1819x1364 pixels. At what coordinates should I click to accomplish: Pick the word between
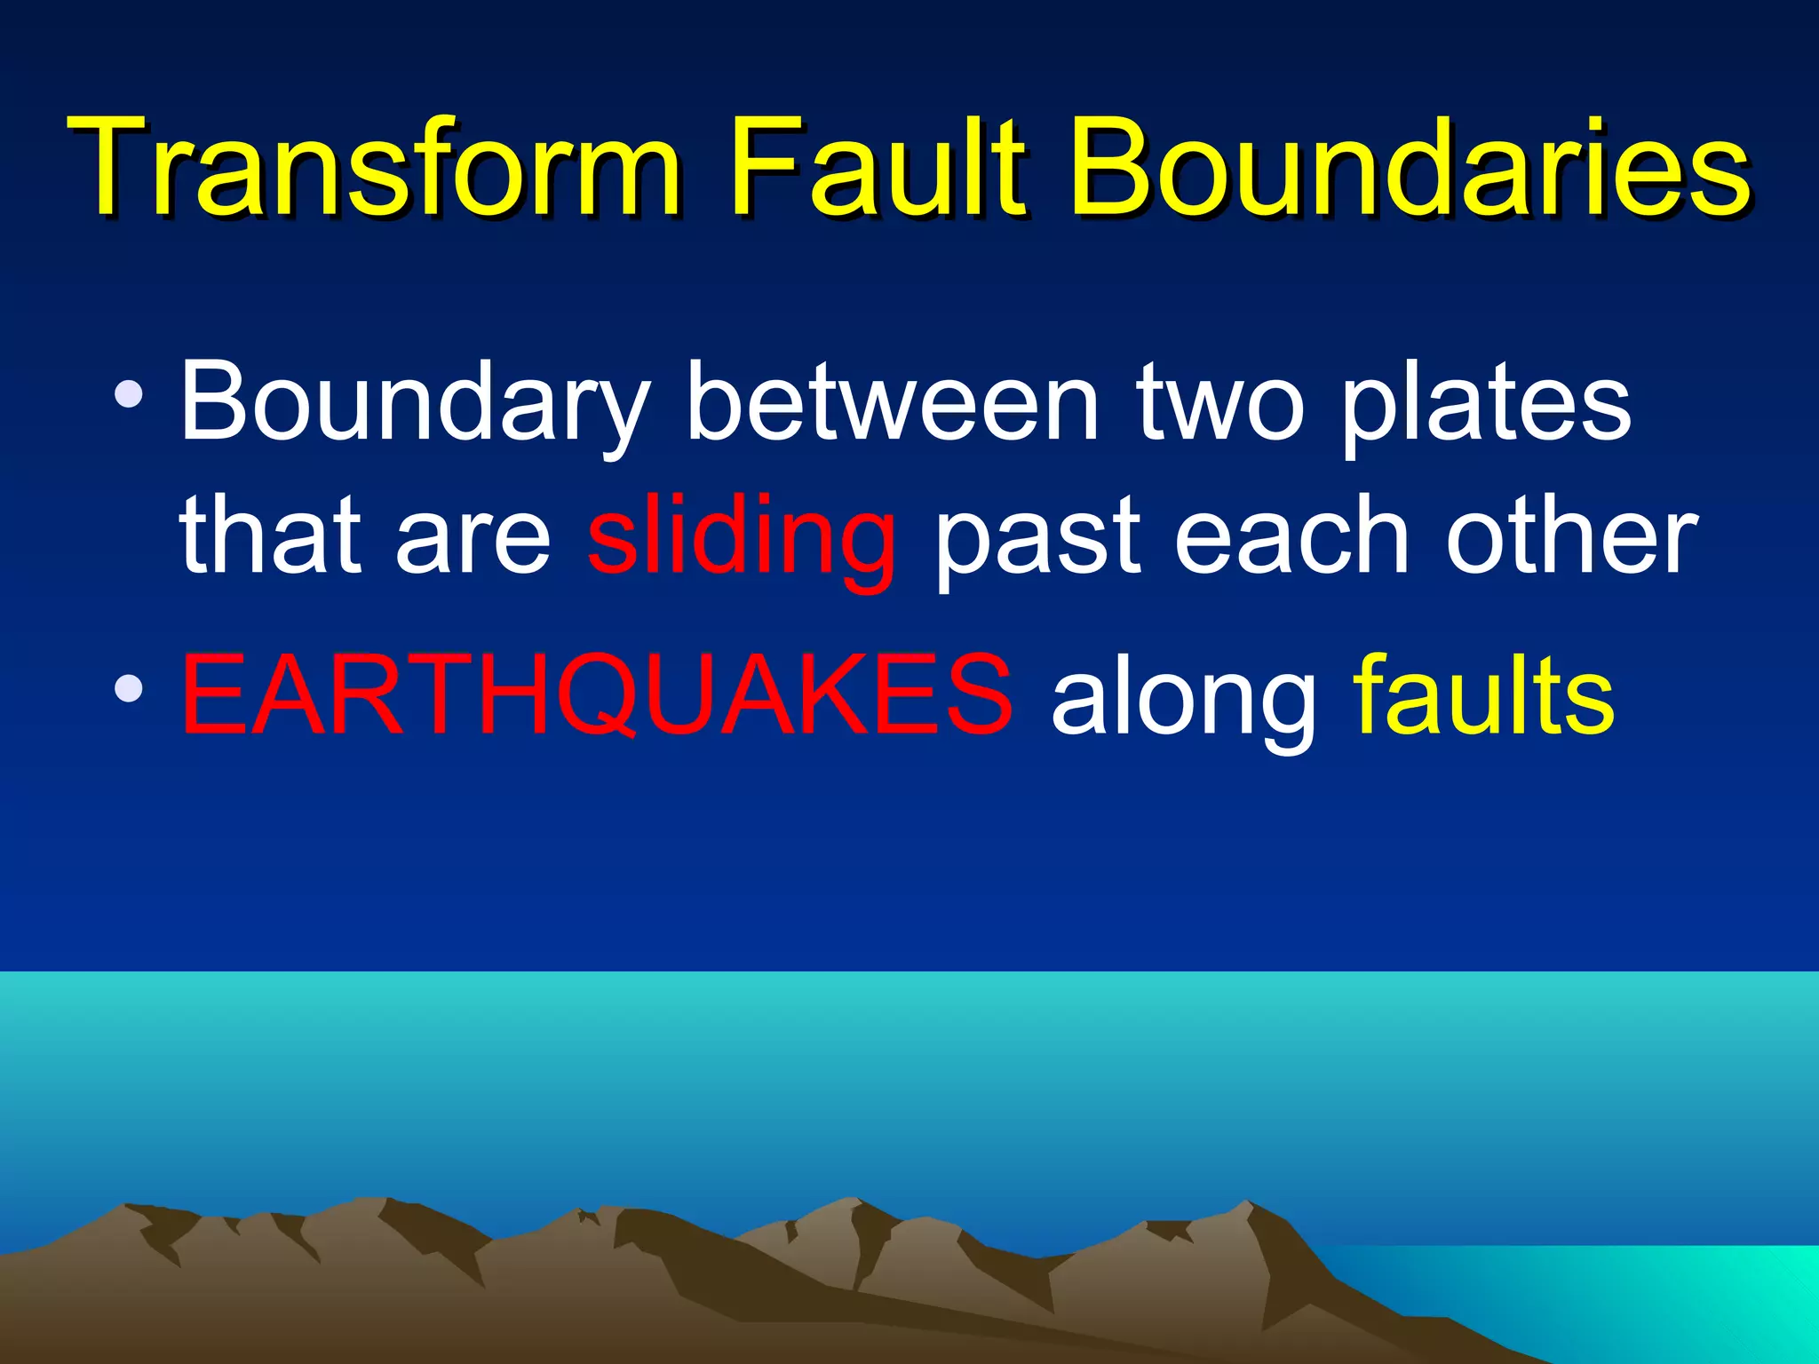892,404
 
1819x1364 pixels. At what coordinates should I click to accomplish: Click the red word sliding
741,536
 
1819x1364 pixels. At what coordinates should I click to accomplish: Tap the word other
1571,536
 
